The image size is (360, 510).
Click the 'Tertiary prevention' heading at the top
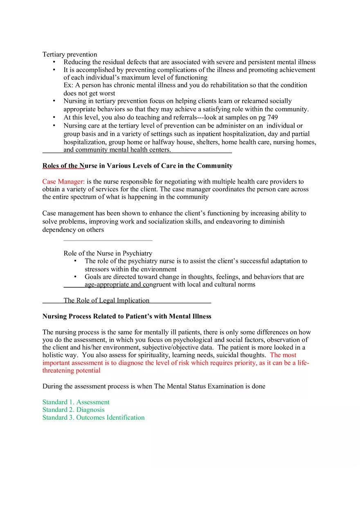coord(70,54)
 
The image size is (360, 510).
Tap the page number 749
coord(272,117)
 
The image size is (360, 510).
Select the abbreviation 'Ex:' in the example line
coord(68,85)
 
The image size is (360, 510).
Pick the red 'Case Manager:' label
coord(63,182)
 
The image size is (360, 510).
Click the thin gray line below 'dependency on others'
coord(108,240)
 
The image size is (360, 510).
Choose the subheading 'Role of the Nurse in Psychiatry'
coord(108,253)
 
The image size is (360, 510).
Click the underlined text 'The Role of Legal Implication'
coord(106,301)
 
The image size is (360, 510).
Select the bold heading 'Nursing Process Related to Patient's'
coord(126,317)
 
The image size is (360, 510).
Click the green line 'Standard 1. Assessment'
coord(76,402)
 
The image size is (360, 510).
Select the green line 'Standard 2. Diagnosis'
coord(73,410)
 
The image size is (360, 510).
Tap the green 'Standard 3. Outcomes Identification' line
coord(93,418)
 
